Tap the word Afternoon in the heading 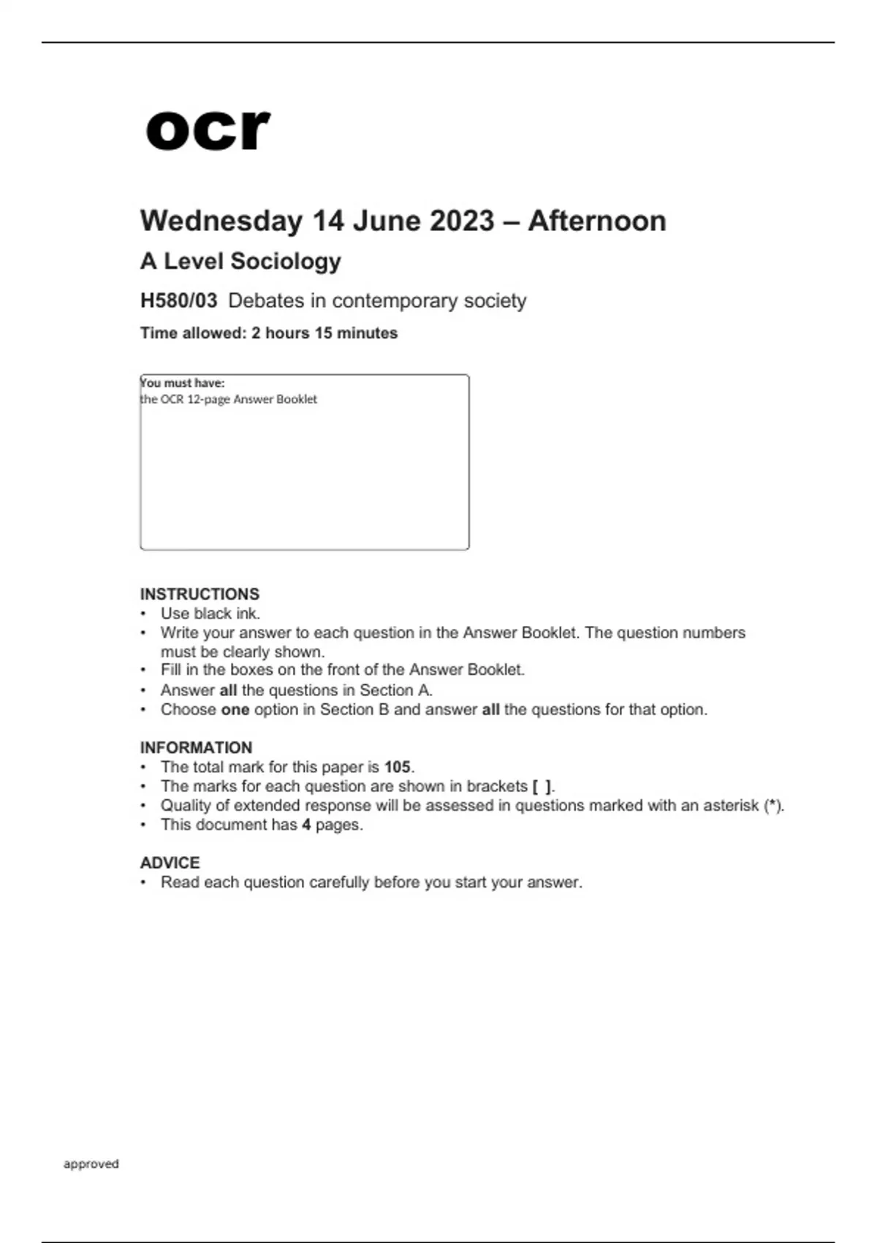coord(596,221)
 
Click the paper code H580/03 coord(179,301)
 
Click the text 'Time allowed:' coord(193,333)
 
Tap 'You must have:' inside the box coord(183,382)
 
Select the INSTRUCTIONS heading coord(200,594)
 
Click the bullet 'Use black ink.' coord(210,613)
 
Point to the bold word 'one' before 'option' coord(235,709)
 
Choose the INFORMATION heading coord(196,747)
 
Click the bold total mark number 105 coord(398,767)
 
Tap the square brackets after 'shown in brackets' coord(542,786)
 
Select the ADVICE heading coord(170,863)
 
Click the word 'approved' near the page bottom coord(91,1163)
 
